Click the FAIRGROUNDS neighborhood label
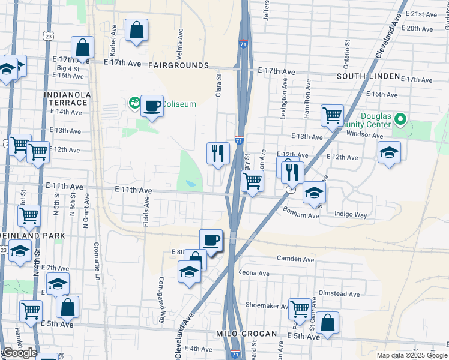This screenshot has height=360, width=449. click(178, 65)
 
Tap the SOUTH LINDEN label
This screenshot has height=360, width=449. click(368, 76)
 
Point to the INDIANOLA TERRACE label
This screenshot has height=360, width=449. click(67, 99)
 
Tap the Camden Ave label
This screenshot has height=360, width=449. click(295, 259)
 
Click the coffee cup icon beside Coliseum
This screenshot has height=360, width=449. click(152, 106)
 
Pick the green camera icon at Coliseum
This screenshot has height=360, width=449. click(133, 104)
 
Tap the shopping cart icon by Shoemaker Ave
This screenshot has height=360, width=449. click(300, 310)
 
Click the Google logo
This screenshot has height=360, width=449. click(19, 353)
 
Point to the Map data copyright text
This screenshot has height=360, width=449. click(412, 355)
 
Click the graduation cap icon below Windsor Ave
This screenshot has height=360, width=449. click(389, 153)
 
